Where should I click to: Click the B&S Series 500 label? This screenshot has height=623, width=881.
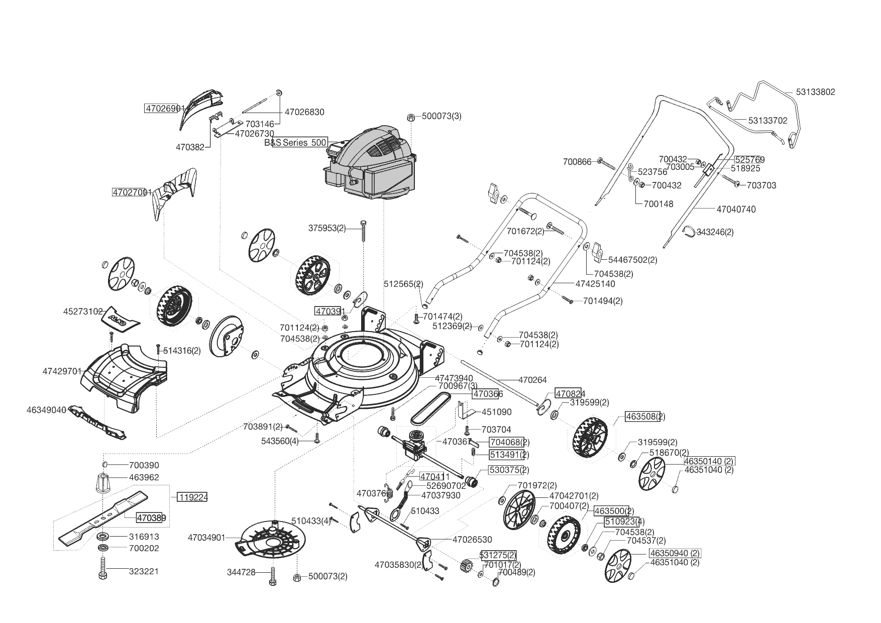[296, 142]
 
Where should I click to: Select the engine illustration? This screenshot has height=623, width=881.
[372, 163]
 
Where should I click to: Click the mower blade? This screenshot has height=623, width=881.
[103, 517]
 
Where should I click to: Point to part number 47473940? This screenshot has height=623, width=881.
[454, 378]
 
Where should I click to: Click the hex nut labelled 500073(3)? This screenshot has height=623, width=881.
[410, 117]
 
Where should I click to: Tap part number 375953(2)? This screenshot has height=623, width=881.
[327, 228]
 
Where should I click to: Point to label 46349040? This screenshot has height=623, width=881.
[46, 410]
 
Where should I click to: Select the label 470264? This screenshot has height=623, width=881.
[532, 380]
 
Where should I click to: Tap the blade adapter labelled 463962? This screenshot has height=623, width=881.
[102, 483]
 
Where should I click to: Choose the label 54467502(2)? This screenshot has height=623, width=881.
[632, 260]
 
